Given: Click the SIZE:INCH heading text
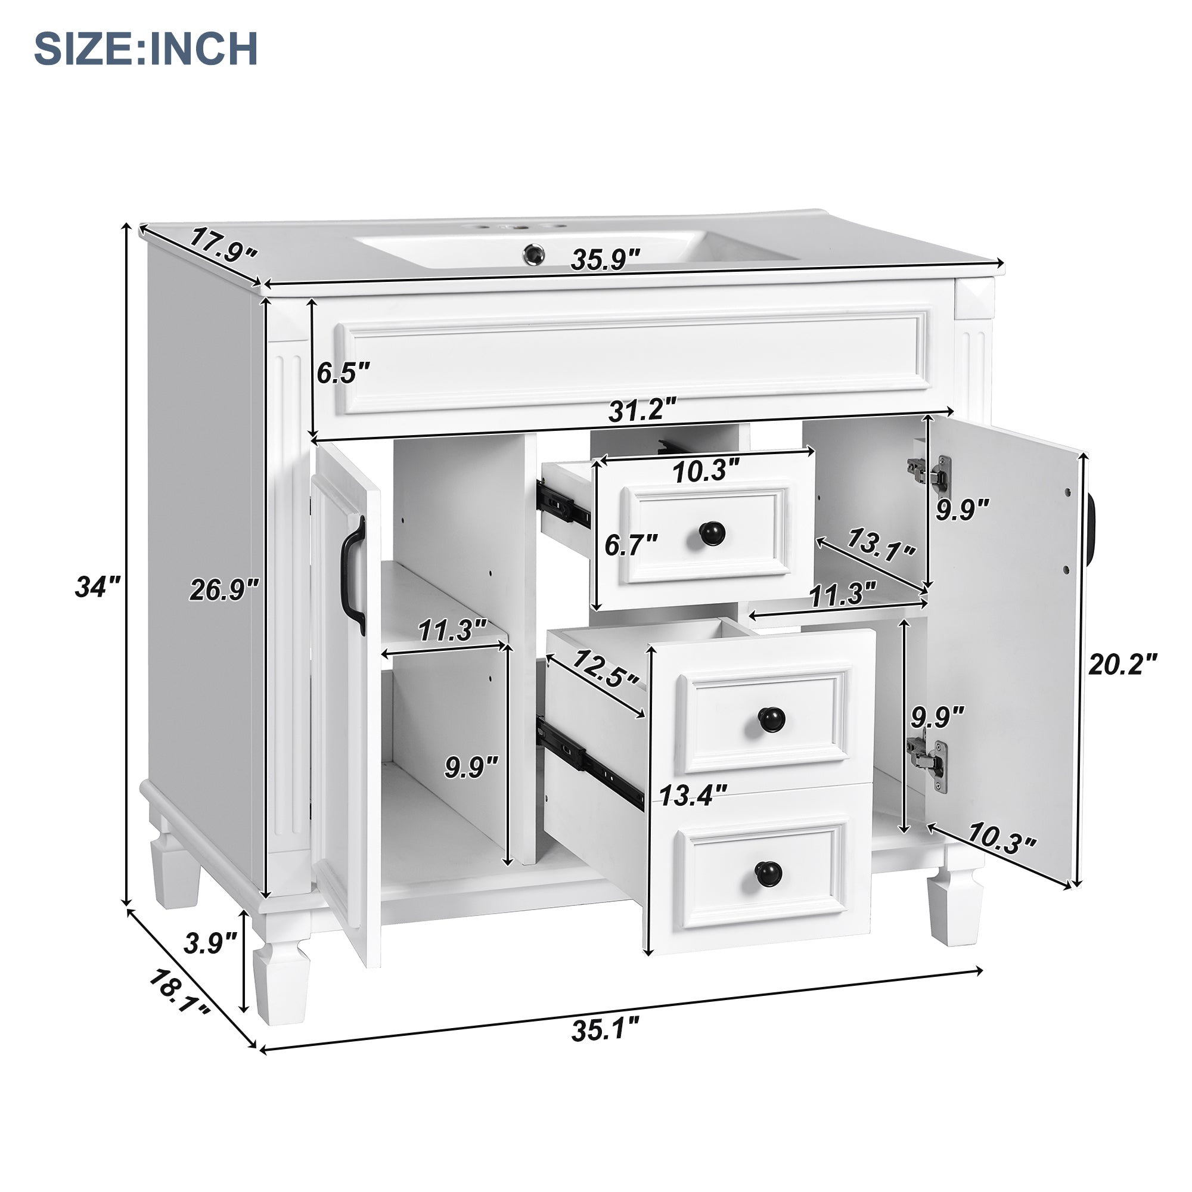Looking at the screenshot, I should (x=145, y=49).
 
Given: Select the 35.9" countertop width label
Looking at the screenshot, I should (x=606, y=259).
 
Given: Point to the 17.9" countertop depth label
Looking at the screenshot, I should (x=222, y=245).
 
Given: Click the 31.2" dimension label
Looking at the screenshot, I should (x=642, y=409).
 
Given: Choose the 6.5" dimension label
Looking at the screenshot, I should (x=343, y=373).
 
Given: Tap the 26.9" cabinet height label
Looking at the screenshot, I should (x=223, y=591).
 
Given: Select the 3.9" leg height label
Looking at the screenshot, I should (x=210, y=943).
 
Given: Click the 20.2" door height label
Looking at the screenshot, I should (x=1122, y=665).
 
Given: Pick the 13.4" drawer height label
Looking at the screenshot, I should (x=694, y=796).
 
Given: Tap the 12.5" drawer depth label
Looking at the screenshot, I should (x=604, y=670).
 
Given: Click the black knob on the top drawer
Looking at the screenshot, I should (x=712, y=533).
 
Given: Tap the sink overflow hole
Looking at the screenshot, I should (x=533, y=252).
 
